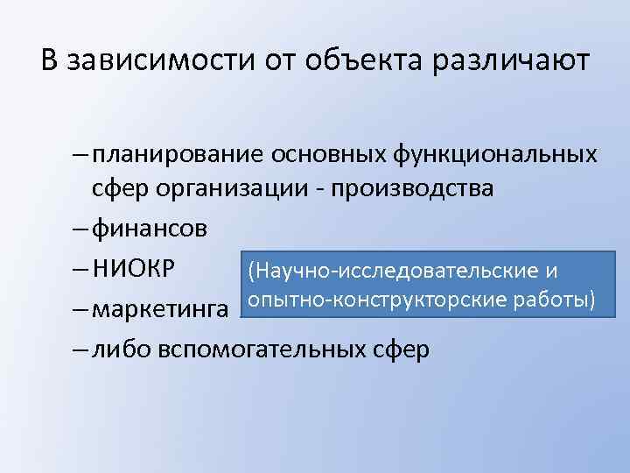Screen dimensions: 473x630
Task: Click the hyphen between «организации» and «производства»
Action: [x=325, y=189]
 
